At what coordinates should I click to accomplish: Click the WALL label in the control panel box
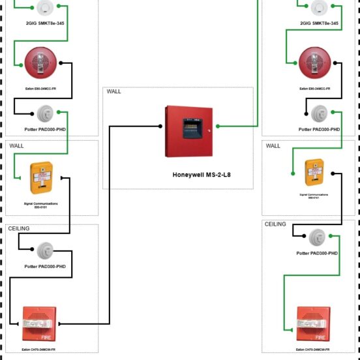[114, 92]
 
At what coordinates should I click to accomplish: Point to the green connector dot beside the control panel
[218, 127]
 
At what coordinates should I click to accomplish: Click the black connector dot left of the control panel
[160, 127]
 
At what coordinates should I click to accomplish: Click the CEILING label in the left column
[20, 230]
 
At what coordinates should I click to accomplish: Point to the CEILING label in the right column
[276, 224]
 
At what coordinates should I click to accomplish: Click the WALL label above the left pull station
[16, 145]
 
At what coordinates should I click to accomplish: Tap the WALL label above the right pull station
[273, 146]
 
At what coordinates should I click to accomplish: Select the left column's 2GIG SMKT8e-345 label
[45, 23]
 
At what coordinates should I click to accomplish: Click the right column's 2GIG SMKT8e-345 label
[320, 23]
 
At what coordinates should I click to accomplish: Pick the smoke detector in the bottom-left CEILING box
[45, 248]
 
